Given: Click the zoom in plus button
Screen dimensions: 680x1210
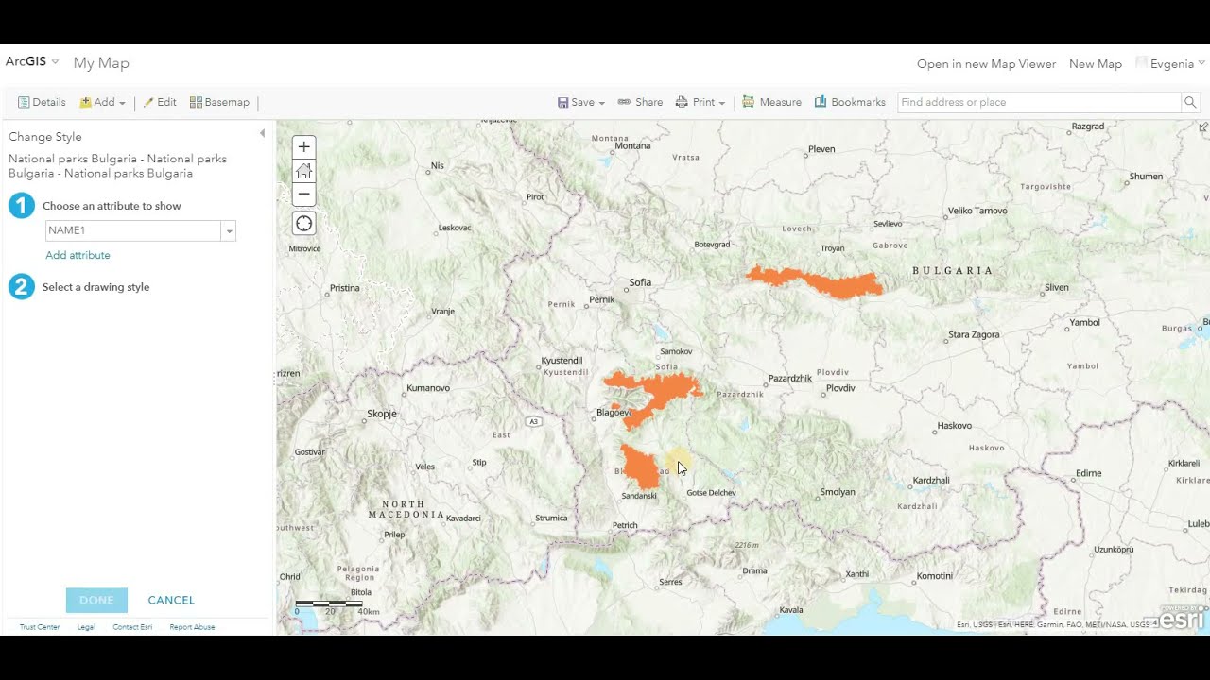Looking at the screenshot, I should [x=303, y=147].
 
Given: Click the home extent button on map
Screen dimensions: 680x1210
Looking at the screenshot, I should [x=303, y=171].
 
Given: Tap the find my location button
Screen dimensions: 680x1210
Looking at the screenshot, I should [x=303, y=224].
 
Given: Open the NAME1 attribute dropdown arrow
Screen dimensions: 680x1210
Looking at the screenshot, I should [x=229, y=231].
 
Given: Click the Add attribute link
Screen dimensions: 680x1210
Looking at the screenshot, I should [x=78, y=255].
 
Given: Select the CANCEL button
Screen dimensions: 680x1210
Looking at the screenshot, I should [x=171, y=600].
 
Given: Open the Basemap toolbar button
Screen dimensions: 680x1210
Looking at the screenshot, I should [x=219, y=102].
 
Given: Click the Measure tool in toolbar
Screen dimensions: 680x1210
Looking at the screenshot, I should [x=771, y=102].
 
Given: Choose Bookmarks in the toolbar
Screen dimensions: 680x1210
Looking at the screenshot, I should [x=850, y=102].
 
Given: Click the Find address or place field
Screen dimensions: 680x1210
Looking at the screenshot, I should [x=1038, y=102].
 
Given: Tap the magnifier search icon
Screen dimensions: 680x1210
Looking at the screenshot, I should [x=1190, y=102].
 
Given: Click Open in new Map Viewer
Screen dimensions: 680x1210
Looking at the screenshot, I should [x=986, y=64].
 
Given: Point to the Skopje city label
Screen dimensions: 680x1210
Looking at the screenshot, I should [x=382, y=414].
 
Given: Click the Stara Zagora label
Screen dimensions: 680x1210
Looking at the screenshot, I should [x=974, y=334].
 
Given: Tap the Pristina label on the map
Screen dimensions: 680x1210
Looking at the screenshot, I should [x=344, y=288].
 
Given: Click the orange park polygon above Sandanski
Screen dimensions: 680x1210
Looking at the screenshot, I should [x=640, y=467].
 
